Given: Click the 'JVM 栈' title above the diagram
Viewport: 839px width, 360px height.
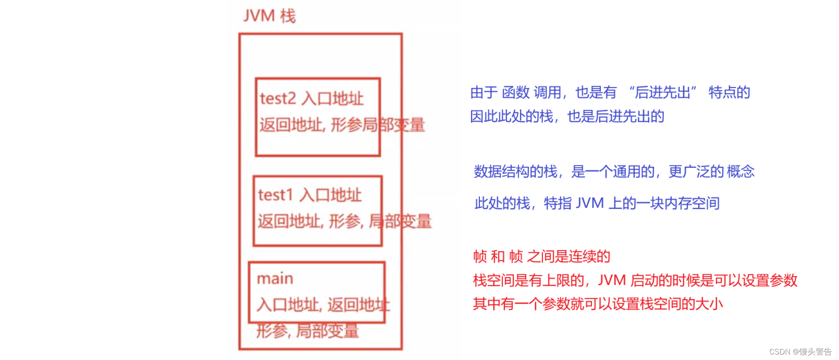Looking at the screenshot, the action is (x=269, y=16).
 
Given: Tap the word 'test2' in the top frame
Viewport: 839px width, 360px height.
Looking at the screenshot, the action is (x=278, y=98).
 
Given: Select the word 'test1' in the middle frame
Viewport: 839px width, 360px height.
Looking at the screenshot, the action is (x=275, y=195).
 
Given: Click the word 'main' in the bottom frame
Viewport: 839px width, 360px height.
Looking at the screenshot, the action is (x=275, y=278).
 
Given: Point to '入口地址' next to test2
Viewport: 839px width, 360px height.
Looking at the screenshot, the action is (x=333, y=98).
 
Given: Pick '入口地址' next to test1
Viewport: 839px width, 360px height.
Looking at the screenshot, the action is (x=331, y=195).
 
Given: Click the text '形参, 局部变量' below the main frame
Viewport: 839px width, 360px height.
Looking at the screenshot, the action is (x=307, y=331).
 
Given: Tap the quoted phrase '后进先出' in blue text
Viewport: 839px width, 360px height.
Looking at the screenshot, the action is (x=663, y=93).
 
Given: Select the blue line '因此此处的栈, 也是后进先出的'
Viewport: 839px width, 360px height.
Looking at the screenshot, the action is (x=567, y=117).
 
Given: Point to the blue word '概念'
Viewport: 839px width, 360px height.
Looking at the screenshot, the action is (x=740, y=172).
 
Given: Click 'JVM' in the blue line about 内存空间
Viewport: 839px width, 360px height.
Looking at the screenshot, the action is (x=590, y=203).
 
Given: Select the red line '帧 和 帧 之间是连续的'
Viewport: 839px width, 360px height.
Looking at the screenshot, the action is (x=542, y=256).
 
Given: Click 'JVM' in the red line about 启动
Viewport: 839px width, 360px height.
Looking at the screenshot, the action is (x=612, y=280).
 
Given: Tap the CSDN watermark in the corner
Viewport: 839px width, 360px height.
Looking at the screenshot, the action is (x=800, y=352).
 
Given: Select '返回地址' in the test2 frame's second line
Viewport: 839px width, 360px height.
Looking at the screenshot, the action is (x=291, y=125).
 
